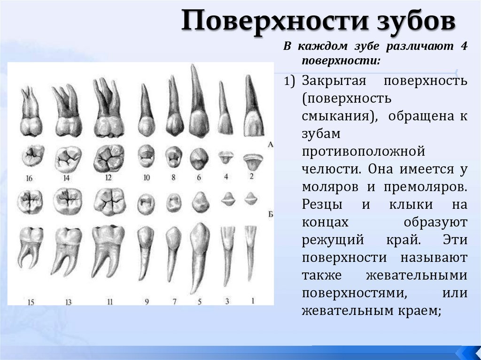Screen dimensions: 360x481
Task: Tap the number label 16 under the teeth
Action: [x=30, y=178]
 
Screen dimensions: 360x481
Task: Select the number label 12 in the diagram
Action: [x=109, y=177]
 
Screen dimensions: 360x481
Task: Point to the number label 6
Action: [x=199, y=177]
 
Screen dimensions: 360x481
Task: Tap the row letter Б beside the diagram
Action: [x=270, y=214]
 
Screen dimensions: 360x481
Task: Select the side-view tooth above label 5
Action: [x=199, y=256]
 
